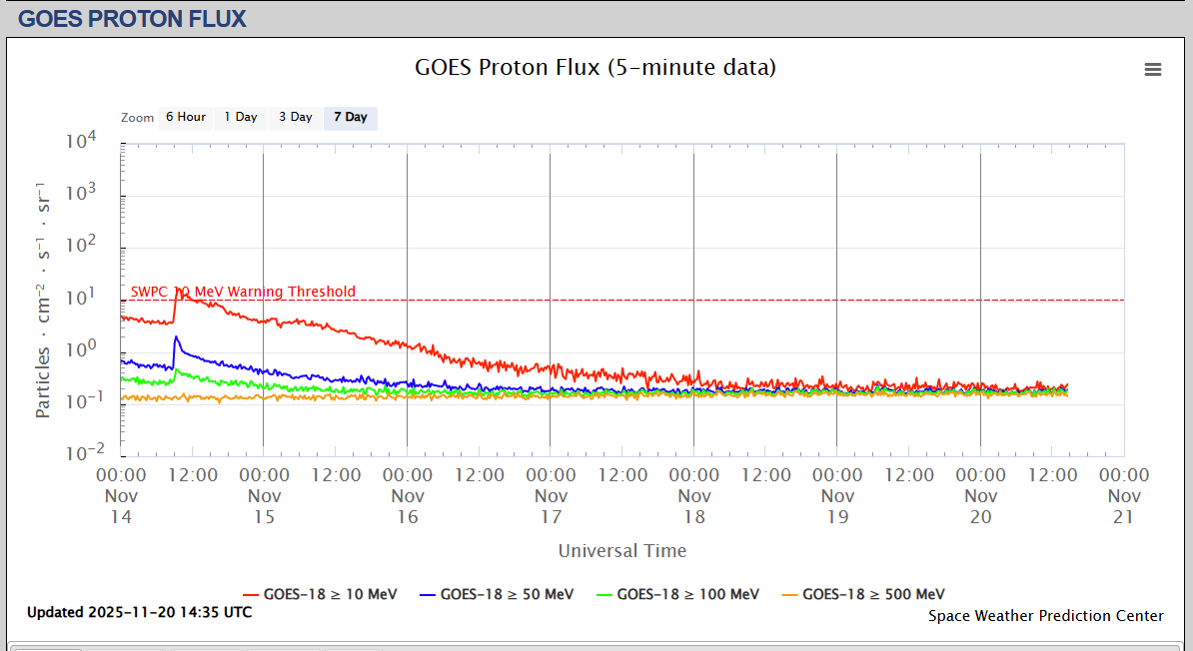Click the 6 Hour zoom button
pyautogui.click(x=186, y=117)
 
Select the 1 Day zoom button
pyautogui.click(x=240, y=117)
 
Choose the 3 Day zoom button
pyautogui.click(x=295, y=117)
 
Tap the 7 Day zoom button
pyautogui.click(x=350, y=117)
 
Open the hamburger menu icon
pyautogui.click(x=1153, y=69)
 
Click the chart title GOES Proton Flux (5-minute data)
pyautogui.click(x=596, y=68)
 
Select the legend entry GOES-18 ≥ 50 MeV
pyautogui.click(x=498, y=594)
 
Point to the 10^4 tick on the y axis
pyautogui.click(x=80, y=142)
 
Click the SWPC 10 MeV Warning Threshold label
pyautogui.click(x=243, y=292)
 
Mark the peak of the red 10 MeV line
pyautogui.click(x=178, y=290)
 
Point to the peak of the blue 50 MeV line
pyautogui.click(x=176, y=337)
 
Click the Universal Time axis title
pyautogui.click(x=622, y=550)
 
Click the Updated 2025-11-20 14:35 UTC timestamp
pyautogui.click(x=140, y=612)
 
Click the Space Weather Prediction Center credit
pyautogui.click(x=1046, y=616)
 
